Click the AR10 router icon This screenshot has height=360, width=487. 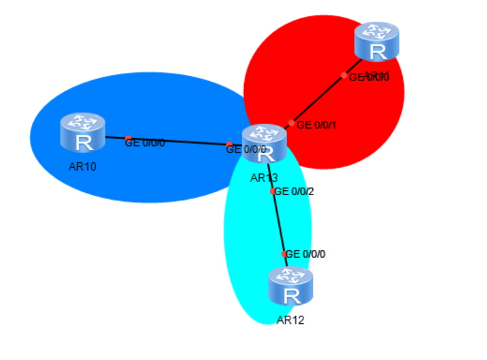82,132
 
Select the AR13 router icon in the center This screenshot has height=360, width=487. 265,143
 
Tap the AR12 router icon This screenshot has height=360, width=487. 290,286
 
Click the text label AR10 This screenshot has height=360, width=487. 82,167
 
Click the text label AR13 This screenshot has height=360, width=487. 264,178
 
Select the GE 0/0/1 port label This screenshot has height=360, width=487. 317,125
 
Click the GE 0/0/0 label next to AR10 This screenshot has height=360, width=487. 145,142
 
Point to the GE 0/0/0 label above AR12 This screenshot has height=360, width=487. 305,254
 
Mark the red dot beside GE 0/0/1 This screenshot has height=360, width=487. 292,123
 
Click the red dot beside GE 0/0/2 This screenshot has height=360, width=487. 273,191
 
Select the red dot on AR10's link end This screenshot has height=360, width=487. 128,139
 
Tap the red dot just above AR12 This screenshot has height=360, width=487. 285,254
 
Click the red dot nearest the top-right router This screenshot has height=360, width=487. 344,75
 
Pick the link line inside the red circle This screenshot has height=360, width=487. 318,98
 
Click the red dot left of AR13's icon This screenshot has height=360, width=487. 229,145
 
